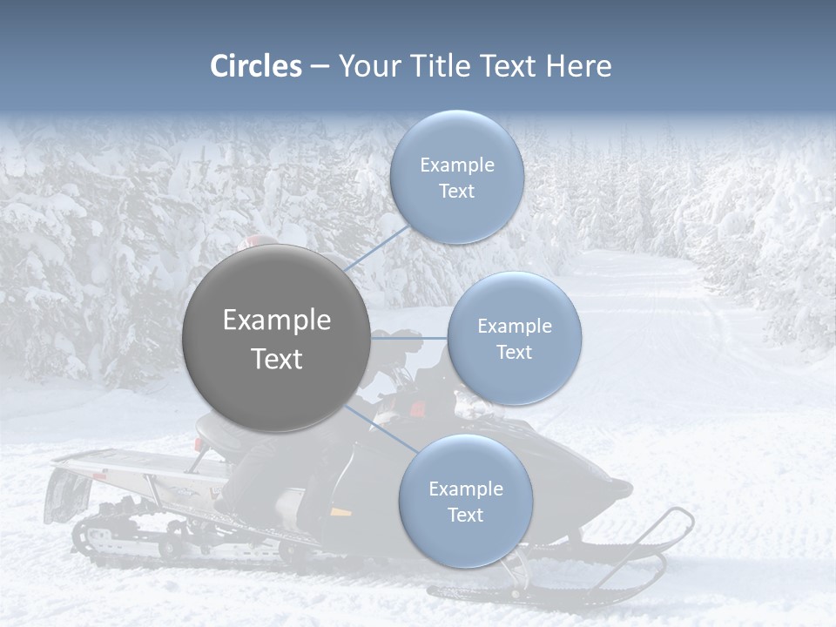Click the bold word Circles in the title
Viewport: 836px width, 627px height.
click(x=256, y=66)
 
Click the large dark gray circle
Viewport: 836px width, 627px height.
click(x=277, y=338)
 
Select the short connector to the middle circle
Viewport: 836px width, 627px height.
click(x=409, y=338)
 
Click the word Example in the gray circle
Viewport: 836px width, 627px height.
click(x=277, y=320)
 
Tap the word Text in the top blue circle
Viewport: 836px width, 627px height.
click(x=457, y=192)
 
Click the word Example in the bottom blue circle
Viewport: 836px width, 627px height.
click(x=466, y=489)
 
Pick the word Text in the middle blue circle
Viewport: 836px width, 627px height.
click(x=514, y=353)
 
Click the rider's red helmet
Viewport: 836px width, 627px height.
click(x=261, y=241)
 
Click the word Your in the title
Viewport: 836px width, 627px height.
click(x=367, y=66)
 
